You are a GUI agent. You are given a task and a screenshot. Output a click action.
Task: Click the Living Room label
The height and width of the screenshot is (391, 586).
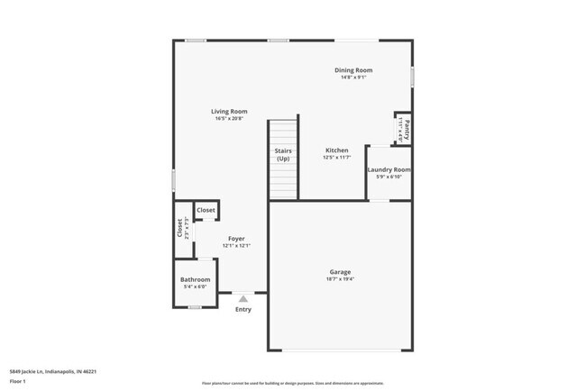231,112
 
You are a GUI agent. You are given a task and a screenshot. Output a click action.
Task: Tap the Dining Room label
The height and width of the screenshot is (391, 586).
353,70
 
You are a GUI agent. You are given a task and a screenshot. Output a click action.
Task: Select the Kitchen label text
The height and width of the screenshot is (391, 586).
336,150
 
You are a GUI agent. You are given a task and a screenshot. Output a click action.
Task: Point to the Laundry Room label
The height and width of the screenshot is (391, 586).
389,169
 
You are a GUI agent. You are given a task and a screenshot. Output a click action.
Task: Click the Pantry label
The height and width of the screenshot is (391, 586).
407,126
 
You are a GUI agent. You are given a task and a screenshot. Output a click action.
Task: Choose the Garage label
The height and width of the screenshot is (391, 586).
340,272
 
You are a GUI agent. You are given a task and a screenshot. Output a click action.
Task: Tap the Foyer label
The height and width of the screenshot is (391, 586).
236,239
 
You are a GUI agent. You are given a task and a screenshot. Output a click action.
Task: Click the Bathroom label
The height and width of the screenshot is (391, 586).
196,279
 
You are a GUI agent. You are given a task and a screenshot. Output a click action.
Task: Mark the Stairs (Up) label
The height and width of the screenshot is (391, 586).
282,154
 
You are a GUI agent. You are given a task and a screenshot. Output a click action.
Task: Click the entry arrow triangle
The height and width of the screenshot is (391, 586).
243,299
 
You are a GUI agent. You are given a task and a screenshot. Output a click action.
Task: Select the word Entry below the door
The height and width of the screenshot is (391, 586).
243,310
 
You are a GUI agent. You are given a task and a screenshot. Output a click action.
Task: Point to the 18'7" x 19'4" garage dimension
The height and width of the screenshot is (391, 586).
340,279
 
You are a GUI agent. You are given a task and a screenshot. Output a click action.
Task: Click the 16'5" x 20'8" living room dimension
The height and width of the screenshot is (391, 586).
231,119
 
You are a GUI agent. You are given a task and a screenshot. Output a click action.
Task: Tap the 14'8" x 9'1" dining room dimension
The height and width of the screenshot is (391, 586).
353,77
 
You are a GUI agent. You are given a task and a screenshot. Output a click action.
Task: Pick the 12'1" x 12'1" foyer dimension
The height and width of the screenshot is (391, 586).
236,246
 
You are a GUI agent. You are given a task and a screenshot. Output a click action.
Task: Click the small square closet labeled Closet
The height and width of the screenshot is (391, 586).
206,210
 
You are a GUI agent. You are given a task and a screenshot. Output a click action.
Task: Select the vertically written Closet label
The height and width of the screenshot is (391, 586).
179,229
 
